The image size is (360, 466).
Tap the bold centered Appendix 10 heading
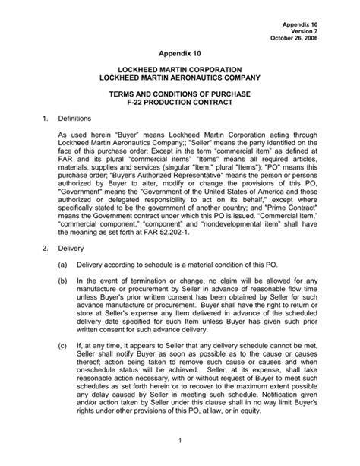point(180,55)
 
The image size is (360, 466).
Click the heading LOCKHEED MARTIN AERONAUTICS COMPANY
point(180,79)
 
